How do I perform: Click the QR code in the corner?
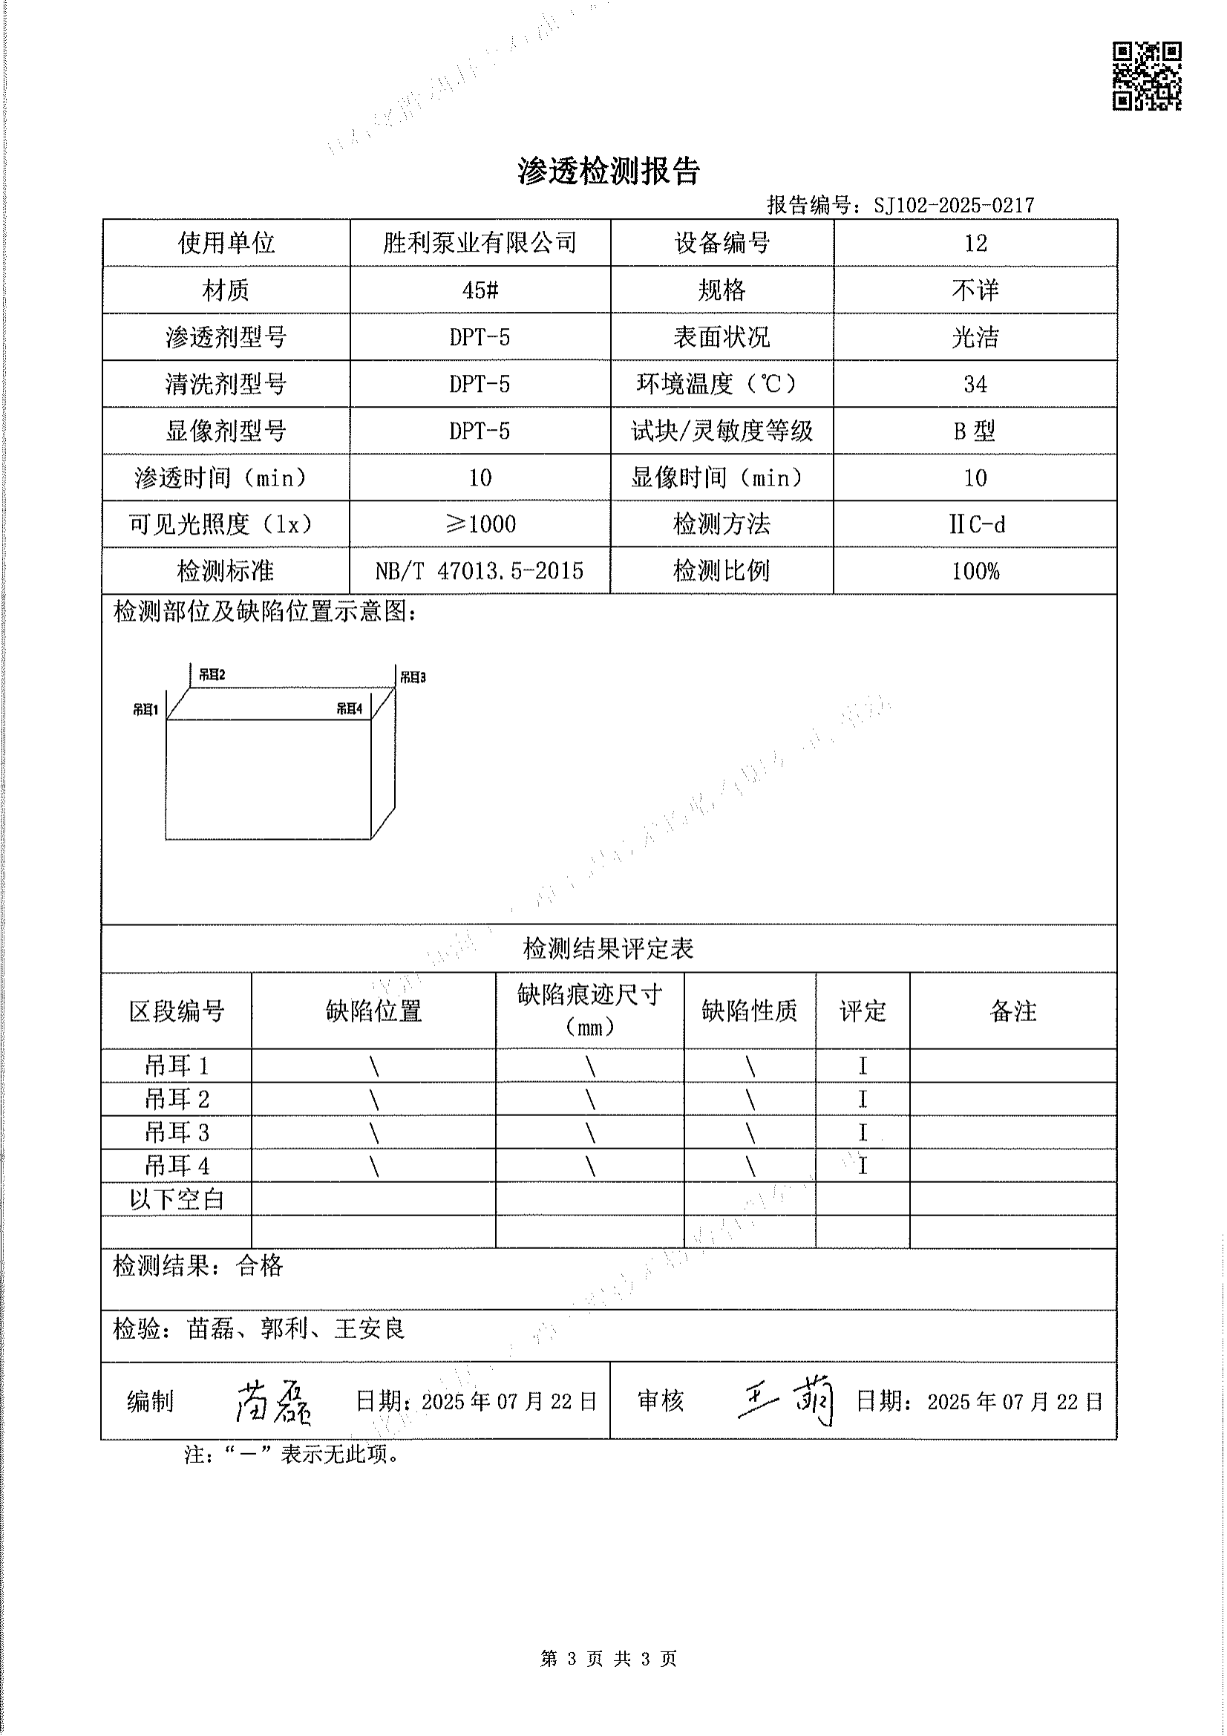pyautogui.click(x=1146, y=76)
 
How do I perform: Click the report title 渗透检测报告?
pyautogui.click(x=609, y=172)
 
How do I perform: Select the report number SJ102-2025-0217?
pyautogui.click(x=953, y=205)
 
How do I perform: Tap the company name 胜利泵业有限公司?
pyautogui.click(x=480, y=243)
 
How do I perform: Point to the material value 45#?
pyautogui.click(x=480, y=290)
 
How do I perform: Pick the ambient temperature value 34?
pyautogui.click(x=975, y=384)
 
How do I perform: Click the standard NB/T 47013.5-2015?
pyautogui.click(x=480, y=571)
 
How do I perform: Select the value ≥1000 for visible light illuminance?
pyautogui.click(x=480, y=524)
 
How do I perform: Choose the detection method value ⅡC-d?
pyautogui.click(x=976, y=524)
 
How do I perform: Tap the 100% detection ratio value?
pyautogui.click(x=975, y=571)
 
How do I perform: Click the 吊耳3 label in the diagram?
pyautogui.click(x=413, y=677)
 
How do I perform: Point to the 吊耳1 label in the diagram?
pyautogui.click(x=145, y=709)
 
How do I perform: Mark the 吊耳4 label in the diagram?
pyautogui.click(x=350, y=708)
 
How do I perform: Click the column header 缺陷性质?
pyautogui.click(x=749, y=1011)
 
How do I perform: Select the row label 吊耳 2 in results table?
pyautogui.click(x=177, y=1100)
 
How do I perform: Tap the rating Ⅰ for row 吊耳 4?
pyautogui.click(x=863, y=1166)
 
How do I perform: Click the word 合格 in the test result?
pyautogui.click(x=259, y=1266)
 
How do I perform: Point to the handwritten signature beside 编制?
pyautogui.click(x=273, y=1403)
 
